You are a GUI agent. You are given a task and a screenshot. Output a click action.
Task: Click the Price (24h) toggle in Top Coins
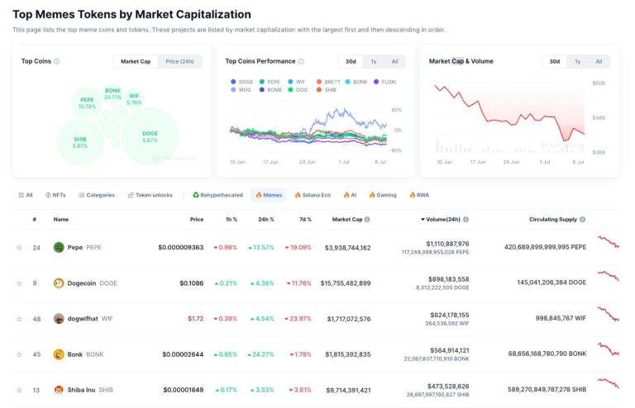[179, 61]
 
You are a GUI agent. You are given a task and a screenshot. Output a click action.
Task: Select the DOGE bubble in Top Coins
[150, 136]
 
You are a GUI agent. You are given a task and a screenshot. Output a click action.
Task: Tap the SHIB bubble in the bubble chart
[80, 142]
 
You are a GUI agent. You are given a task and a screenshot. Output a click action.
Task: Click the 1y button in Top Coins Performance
[374, 61]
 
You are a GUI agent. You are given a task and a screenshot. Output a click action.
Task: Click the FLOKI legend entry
[385, 82]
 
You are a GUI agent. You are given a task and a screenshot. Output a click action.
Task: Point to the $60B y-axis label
[599, 83]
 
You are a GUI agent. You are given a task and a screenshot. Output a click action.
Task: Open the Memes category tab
[269, 195]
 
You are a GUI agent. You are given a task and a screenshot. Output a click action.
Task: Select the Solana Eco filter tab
[313, 195]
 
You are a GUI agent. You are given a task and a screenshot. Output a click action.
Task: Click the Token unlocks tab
[150, 195]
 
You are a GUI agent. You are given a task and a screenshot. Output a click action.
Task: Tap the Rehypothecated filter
[217, 195]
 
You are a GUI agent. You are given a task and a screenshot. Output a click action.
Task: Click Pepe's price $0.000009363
[180, 247]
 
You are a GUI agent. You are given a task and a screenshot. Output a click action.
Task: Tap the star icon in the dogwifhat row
[19, 319]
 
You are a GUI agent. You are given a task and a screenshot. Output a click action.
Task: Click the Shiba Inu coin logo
[59, 390]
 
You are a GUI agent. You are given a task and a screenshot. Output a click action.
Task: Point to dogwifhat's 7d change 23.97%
[298, 319]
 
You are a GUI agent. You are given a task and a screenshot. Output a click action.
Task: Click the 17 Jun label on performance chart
[270, 162]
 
